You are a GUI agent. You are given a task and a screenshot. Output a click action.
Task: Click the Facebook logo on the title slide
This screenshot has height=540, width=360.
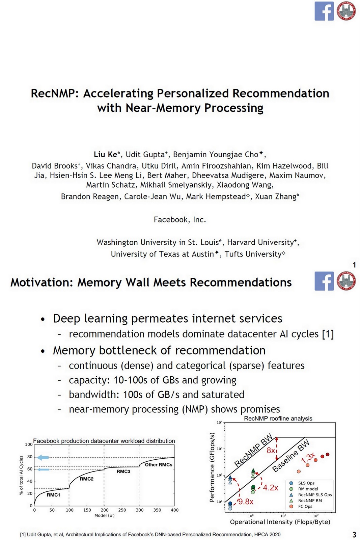click(x=324, y=11)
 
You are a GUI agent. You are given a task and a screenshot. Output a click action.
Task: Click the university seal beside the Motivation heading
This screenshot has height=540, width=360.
click(x=346, y=281)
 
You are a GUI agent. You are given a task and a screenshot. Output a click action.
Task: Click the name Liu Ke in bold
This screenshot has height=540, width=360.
click(x=105, y=155)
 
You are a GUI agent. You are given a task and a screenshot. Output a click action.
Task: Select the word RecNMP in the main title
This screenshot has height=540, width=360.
click(x=52, y=93)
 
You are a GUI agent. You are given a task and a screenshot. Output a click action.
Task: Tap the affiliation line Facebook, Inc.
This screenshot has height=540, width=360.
click(x=180, y=220)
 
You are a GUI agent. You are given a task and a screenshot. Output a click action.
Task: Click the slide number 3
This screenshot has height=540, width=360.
click(x=354, y=535)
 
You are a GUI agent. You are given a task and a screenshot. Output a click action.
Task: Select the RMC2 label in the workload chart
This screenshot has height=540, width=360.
click(x=87, y=479)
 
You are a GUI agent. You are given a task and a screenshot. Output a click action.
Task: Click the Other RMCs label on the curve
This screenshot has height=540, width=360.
click(x=159, y=465)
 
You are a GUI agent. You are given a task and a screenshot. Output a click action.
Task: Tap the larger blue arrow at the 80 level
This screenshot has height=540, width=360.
click(x=43, y=457)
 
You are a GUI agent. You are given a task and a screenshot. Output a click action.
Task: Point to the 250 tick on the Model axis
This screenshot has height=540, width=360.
click(x=122, y=510)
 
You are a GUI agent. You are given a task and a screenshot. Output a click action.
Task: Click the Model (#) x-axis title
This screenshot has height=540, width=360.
click(x=105, y=515)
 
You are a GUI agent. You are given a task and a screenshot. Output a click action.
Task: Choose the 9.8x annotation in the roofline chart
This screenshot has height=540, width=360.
click(x=246, y=502)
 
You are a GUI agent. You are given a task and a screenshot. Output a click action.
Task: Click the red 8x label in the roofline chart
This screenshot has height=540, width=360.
click(x=271, y=451)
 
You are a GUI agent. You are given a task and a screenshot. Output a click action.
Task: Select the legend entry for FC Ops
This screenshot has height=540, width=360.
click(x=305, y=506)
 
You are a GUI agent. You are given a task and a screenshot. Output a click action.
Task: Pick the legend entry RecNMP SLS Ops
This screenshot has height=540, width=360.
click(x=315, y=495)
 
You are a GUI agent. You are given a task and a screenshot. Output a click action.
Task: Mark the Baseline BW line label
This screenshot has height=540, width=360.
click(x=291, y=456)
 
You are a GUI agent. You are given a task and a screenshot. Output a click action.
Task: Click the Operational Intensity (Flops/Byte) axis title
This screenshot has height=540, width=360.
click(x=280, y=522)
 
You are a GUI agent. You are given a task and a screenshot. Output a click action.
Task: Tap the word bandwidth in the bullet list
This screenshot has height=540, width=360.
click(x=89, y=395)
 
